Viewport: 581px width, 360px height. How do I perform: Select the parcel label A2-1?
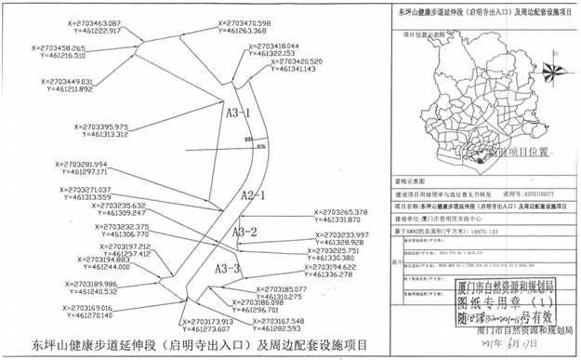pyautogui.click(x=254, y=195)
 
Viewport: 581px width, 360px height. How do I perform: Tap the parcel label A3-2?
pyautogui.click(x=244, y=232)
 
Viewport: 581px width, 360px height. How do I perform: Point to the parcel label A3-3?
pyautogui.click(x=228, y=269)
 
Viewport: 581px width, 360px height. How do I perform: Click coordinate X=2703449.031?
pyautogui.click(x=59, y=82)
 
